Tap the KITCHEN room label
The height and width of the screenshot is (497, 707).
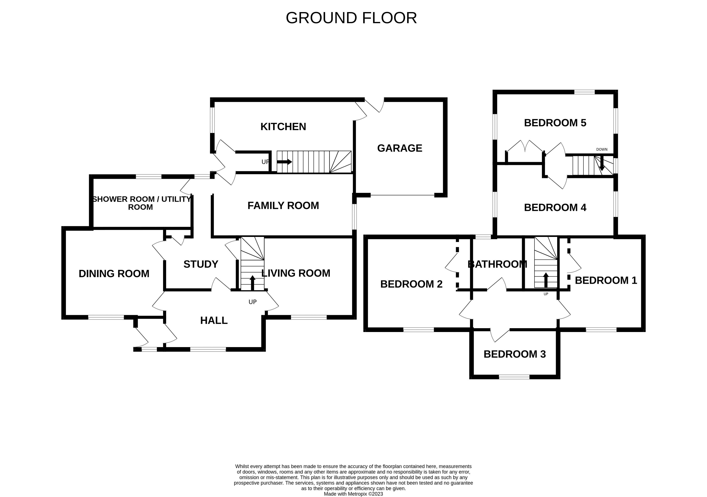pos(283,127)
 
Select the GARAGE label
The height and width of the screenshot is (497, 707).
pos(399,148)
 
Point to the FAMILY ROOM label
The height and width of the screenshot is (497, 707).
pos(283,205)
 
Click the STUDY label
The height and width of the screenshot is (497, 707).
pos(201,264)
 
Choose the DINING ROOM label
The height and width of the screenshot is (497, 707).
pos(114,274)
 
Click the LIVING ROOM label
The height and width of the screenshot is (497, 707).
pos(296,273)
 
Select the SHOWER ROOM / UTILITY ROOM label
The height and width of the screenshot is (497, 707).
pos(141,203)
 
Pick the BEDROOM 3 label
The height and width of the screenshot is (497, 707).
pos(514,354)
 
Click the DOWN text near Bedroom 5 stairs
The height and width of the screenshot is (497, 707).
pos(602,149)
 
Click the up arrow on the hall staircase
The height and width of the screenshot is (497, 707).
pos(252,282)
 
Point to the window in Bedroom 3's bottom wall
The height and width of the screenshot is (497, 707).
pos(514,377)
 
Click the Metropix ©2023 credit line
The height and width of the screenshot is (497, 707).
pos(353,494)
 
